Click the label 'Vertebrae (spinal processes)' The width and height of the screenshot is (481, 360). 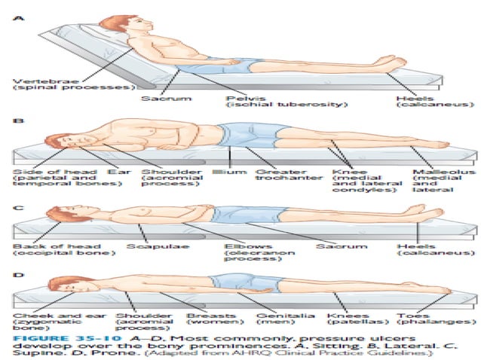coord(44,83)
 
